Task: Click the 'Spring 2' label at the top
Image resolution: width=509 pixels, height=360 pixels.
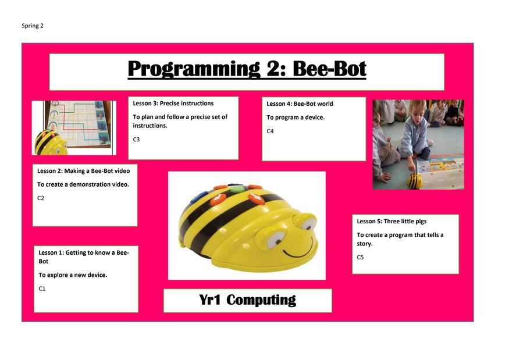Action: click(x=33, y=26)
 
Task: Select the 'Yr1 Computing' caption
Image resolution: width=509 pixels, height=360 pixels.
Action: click(x=248, y=300)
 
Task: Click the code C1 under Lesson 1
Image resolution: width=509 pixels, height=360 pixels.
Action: click(x=42, y=288)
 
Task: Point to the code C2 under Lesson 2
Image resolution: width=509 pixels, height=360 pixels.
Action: click(x=41, y=198)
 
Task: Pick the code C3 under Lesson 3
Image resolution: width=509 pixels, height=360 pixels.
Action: click(x=136, y=139)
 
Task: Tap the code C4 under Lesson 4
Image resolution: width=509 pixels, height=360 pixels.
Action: click(x=270, y=131)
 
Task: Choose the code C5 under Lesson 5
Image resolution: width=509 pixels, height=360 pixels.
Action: click(x=360, y=257)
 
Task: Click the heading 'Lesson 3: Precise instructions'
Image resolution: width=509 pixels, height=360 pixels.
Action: click(x=173, y=103)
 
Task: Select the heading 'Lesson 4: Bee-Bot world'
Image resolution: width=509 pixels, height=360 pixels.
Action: click(x=300, y=104)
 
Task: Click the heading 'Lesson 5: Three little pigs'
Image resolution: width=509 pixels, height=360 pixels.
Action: click(x=392, y=221)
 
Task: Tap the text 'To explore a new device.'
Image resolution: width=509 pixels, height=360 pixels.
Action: click(x=73, y=275)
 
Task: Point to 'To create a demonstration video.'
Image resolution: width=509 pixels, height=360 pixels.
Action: click(x=83, y=184)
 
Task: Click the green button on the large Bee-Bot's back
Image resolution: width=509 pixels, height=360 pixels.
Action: click(x=237, y=188)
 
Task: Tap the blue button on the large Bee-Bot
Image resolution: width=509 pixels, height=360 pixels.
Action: click(x=199, y=197)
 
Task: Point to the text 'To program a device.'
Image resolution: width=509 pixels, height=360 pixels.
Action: click(x=296, y=117)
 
